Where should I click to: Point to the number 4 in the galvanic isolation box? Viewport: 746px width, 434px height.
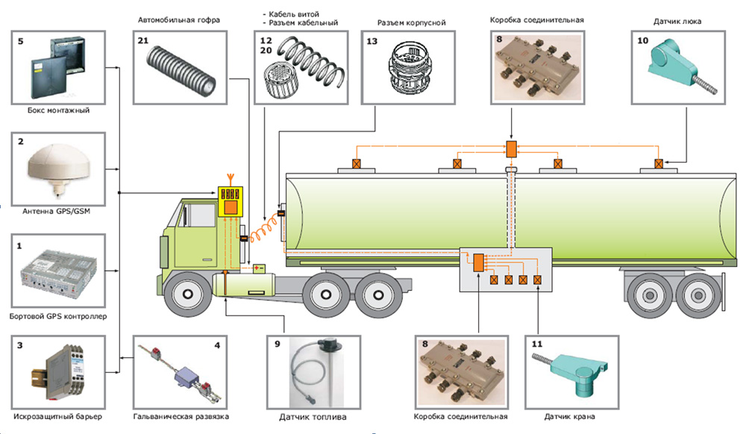click(217, 345)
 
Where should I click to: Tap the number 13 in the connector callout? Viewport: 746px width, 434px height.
click(372, 43)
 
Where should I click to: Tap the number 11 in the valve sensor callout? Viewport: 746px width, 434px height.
click(537, 345)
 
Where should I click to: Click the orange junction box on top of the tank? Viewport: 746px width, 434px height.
click(511, 148)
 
